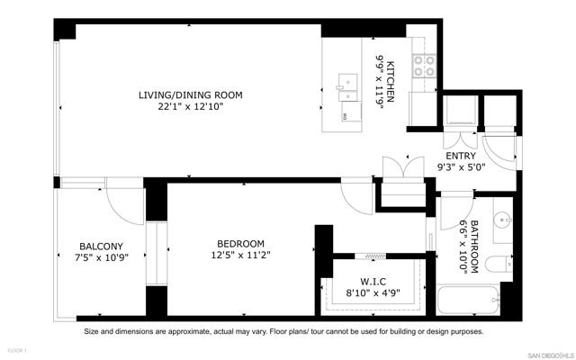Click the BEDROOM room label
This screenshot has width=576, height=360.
coord(240,244)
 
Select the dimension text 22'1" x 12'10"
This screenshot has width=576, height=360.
coord(190,108)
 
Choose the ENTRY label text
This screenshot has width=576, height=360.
coord(462,155)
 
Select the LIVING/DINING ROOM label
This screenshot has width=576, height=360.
coord(190,95)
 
